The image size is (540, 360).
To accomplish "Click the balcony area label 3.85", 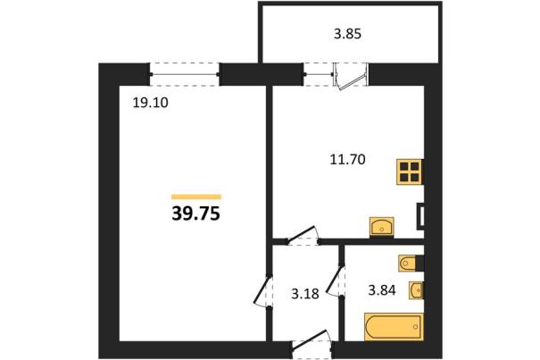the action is coord(347,34).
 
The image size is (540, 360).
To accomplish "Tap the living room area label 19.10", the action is coord(151,103).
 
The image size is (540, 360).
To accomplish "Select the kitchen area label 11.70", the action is coord(347,160).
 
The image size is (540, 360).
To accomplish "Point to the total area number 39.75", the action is coord(195,213).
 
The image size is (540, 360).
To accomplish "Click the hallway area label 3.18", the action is coord(305,294).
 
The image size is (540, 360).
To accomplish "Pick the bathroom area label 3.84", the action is coord(382,290).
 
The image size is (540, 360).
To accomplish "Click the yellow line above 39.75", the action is coord(196,197).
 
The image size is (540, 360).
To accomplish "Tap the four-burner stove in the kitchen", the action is coord(410,172).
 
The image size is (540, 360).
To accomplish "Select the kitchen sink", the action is coord(382,227).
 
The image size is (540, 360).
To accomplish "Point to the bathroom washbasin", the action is coord(416,290).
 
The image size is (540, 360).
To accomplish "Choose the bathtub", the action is coord(394,327).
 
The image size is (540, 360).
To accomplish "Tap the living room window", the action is coord(185,74).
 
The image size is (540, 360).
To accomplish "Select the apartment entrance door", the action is coord(312,345).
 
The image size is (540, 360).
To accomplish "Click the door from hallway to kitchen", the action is coord(303,236).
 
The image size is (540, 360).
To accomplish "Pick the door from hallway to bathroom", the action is coord(335,280).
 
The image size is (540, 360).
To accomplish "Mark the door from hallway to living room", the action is coord(263,290).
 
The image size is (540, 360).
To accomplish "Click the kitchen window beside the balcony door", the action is coord(319,74).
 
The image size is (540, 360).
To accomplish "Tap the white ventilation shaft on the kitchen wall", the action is coord(420,216).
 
